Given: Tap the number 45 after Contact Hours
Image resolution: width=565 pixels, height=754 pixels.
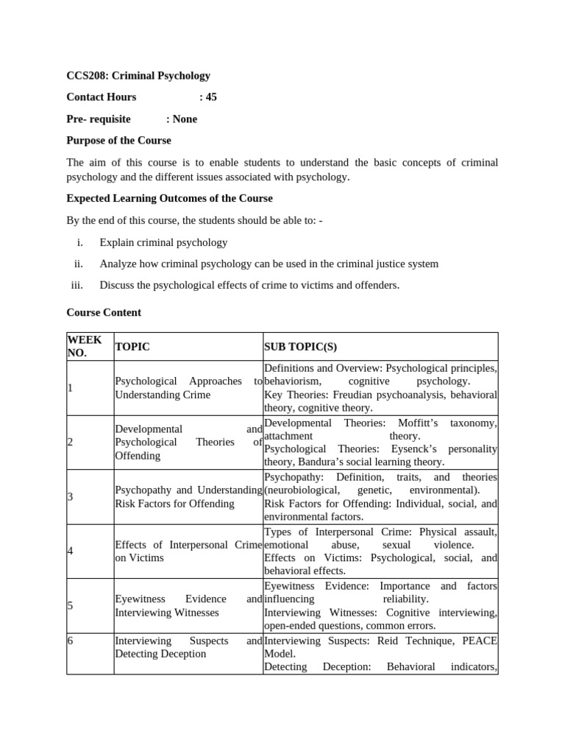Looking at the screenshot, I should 210,97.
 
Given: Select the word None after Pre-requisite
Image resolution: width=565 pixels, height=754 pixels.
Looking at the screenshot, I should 185,119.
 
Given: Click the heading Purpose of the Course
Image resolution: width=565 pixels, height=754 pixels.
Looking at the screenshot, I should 118,140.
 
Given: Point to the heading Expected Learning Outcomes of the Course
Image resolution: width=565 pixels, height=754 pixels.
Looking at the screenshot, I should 169,198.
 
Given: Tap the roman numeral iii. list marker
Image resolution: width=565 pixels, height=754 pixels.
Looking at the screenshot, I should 77,285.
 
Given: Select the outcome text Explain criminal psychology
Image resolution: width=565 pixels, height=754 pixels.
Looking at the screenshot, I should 163,242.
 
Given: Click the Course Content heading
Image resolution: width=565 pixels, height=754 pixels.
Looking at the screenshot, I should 104,312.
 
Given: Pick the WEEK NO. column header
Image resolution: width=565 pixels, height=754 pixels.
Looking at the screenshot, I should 85,346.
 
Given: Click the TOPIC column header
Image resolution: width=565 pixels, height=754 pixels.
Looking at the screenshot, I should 132,346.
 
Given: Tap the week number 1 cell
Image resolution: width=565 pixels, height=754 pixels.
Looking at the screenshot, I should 70,388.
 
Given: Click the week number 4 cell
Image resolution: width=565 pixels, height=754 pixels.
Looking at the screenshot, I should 70,551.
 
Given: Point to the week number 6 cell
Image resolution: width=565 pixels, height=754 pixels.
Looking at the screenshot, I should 70,641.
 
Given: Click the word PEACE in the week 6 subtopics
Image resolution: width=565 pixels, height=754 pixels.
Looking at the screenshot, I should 480,641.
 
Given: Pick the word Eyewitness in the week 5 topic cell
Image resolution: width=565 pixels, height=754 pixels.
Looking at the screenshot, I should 140,599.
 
